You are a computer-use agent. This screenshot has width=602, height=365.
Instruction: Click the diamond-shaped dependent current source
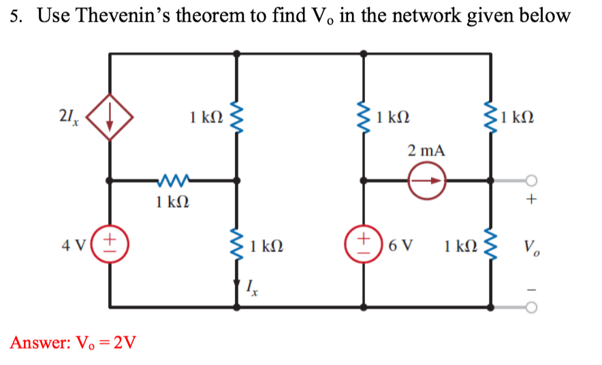[x=110, y=116]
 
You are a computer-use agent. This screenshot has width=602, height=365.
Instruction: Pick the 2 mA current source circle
[x=426, y=181]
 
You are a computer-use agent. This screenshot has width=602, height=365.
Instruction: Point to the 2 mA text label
[x=426, y=150]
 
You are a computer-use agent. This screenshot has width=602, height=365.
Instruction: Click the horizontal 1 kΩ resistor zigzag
[x=173, y=181]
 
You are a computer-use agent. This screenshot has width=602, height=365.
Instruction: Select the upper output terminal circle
[x=532, y=181]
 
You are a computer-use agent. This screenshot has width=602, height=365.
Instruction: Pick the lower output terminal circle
[x=532, y=308]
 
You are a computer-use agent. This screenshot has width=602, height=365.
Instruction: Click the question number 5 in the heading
[x=16, y=16]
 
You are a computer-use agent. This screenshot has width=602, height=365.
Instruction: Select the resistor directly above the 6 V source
[x=364, y=116]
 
